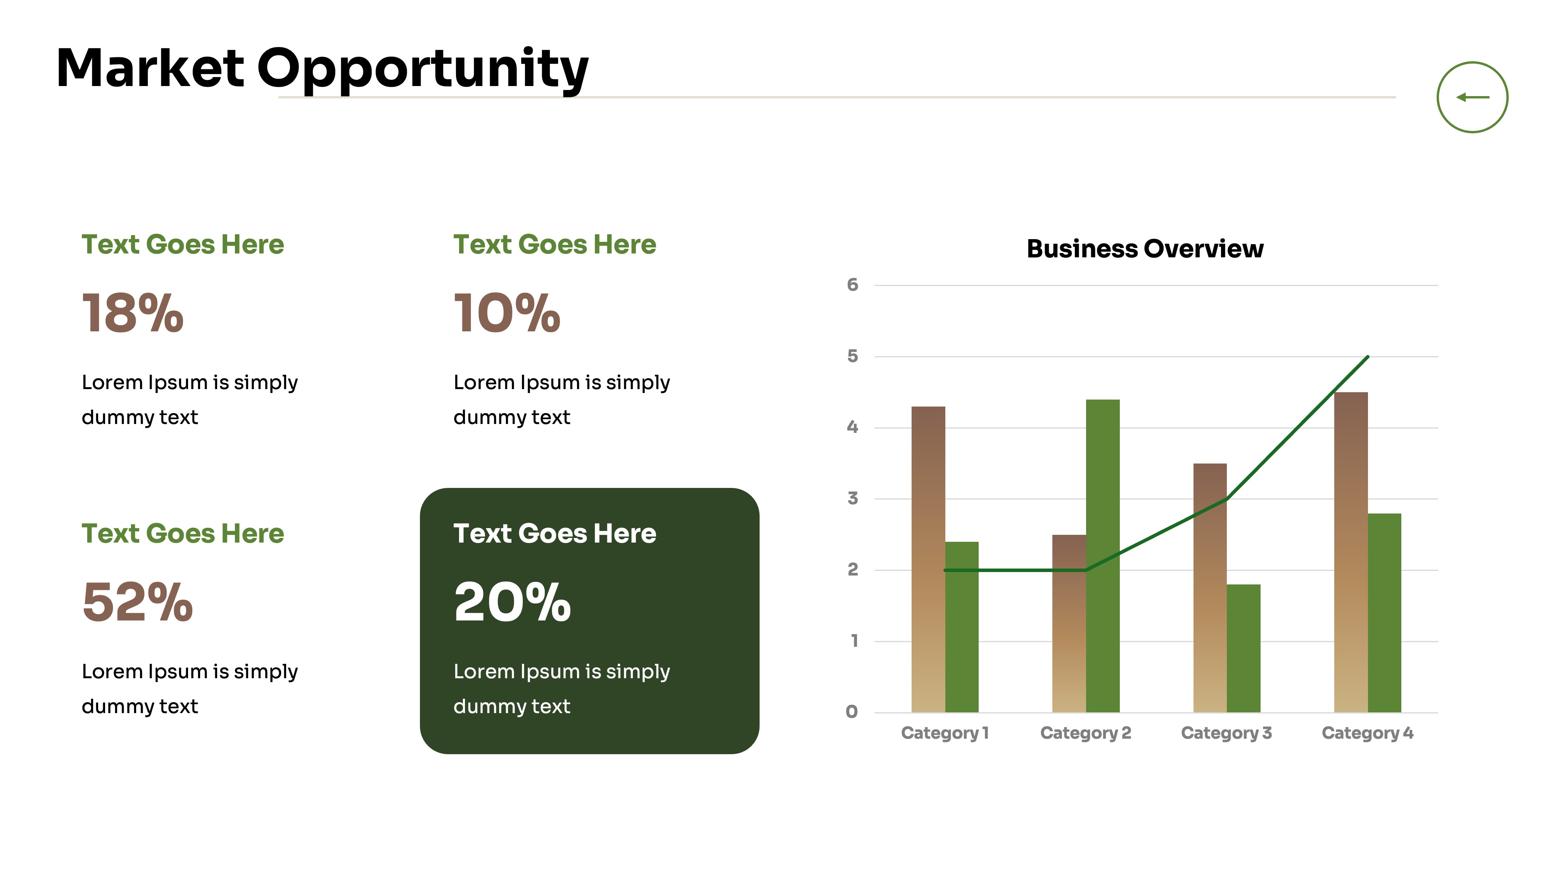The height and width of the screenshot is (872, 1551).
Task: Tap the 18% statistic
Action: [x=133, y=312]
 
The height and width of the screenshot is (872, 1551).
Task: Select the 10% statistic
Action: [x=507, y=312]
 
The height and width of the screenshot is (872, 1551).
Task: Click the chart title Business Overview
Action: [x=1145, y=248]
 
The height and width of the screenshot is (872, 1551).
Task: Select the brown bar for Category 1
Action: [x=928, y=559]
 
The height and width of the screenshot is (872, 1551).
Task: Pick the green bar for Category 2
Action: [x=1102, y=555]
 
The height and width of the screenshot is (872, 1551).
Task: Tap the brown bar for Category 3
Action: [x=1210, y=588]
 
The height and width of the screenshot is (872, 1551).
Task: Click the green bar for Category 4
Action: [x=1384, y=613]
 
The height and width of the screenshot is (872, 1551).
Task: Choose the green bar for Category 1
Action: [x=962, y=626]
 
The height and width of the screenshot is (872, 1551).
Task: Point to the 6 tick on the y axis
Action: [x=852, y=284]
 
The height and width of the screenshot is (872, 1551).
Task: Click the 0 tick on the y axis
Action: [x=851, y=712]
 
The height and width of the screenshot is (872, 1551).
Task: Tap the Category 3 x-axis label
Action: [x=1226, y=733]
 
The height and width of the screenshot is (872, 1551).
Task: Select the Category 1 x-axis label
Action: [x=945, y=733]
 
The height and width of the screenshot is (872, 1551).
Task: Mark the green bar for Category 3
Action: [x=1244, y=648]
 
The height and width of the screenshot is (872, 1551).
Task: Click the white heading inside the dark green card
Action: [x=554, y=533]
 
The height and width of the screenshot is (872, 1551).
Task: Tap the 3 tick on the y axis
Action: [x=852, y=498]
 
